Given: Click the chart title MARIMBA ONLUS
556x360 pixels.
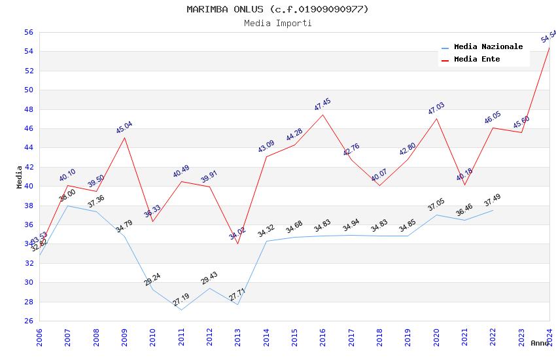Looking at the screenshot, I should [277, 9].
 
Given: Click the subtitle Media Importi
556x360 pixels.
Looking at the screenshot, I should [277, 23].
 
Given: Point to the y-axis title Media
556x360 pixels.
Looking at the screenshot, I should [19, 177].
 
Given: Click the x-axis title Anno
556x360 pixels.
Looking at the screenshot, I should [540, 343].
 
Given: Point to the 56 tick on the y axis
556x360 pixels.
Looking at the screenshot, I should [28, 32].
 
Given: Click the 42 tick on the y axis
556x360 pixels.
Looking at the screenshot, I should [28, 167].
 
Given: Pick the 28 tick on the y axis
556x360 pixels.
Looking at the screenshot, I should [28, 302].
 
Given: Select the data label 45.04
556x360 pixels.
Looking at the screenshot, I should [124, 127].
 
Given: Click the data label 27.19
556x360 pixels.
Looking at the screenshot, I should [181, 300].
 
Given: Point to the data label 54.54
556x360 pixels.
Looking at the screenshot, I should [548, 37].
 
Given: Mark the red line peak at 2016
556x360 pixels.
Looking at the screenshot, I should [322, 115].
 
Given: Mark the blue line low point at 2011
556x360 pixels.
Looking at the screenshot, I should [181, 310].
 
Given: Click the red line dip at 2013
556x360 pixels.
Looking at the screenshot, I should [237, 243].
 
